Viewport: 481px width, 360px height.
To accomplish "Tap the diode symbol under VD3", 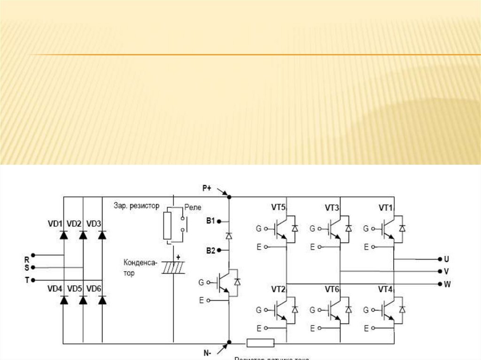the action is [102, 233].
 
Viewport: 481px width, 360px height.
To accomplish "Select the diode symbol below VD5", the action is [83, 300].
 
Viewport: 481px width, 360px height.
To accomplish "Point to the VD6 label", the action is [94, 289].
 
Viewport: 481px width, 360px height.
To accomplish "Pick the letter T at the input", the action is [27, 280].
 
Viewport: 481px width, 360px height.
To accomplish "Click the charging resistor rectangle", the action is [167, 225].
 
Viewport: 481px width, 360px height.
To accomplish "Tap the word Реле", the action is [193, 207].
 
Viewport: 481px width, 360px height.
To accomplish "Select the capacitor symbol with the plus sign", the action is [173, 268].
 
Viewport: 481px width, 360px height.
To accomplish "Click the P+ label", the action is [207, 188].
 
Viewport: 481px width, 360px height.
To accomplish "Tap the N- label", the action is [207, 353].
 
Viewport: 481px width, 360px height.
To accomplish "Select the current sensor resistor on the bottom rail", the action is [260, 343].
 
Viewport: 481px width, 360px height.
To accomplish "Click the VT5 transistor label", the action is [279, 207].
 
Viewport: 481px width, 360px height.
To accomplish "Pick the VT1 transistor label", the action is [386, 207].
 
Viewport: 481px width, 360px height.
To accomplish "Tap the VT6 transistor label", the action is [332, 289].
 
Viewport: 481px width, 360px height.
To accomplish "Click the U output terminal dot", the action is [440, 259].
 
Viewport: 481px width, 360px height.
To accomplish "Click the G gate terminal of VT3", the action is [312, 229].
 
